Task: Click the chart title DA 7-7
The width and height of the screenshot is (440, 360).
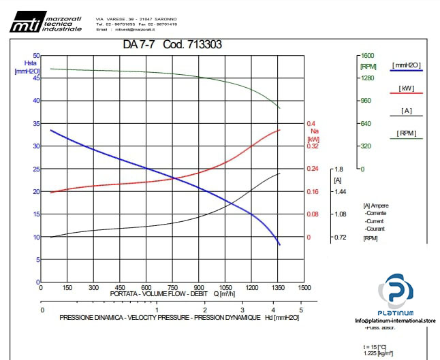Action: (x=140, y=45)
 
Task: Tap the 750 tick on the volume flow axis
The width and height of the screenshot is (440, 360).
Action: (x=173, y=287)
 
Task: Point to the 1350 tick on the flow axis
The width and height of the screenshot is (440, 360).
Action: (x=278, y=287)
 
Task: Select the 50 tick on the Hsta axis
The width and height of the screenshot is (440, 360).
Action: (x=36, y=56)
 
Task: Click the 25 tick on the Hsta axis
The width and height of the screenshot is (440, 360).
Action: (x=36, y=169)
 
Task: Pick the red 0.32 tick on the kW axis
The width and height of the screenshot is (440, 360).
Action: (x=313, y=146)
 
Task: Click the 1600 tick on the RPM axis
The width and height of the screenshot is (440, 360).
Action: (x=368, y=56)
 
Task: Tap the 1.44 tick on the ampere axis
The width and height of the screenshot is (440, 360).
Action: (x=341, y=192)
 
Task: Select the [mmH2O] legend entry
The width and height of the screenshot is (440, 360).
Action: (x=407, y=65)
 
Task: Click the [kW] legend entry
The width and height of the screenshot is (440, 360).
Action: (x=407, y=88)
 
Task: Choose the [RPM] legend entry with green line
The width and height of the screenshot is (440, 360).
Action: (x=407, y=133)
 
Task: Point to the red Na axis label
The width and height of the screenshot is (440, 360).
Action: (x=314, y=131)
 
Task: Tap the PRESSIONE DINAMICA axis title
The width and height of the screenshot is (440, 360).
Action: (x=170, y=318)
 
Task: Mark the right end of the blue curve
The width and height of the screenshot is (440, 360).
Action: (x=279, y=244)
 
